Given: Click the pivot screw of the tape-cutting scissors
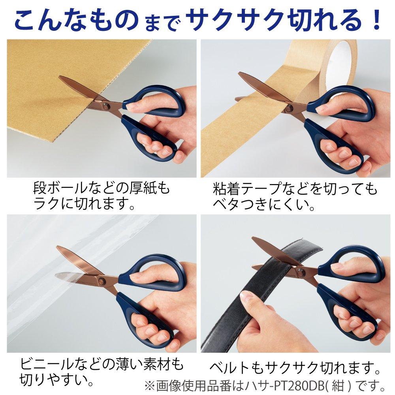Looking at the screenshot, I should pos(290,107).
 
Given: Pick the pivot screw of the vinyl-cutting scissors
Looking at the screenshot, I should pos(102,281).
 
